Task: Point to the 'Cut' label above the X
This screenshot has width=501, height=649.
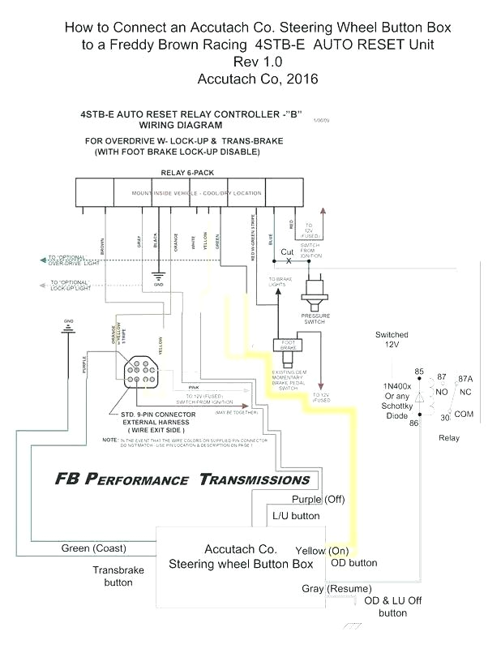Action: pos(287,252)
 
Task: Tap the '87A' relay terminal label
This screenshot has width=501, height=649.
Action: pos(466,378)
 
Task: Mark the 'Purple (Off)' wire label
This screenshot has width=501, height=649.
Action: pos(319,499)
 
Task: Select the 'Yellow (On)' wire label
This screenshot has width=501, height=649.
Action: pos(322,551)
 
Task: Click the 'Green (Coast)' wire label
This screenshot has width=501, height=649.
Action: pos(93,548)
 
